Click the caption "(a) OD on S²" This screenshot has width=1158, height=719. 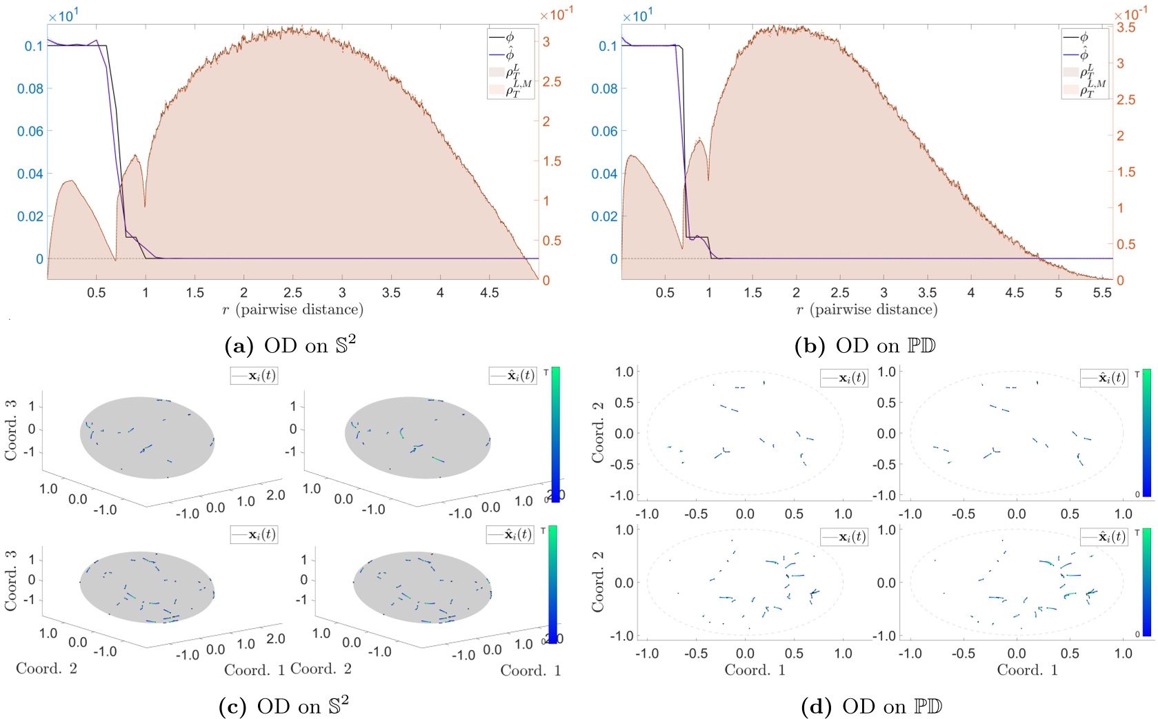pos(290,345)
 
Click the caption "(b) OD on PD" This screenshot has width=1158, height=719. pos(865,345)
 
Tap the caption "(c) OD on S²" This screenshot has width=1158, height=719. pos(283,706)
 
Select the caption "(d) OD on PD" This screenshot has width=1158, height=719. pos(872,706)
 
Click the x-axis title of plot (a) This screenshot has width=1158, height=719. pos(292,310)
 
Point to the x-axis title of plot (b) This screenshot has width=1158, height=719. pos(866,310)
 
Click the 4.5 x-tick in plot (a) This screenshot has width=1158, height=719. pos(489,293)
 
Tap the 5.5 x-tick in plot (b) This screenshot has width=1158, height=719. pos(1102,293)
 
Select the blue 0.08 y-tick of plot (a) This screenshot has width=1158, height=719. pos(30,89)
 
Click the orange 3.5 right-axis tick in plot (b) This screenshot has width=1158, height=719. pos(1126,28)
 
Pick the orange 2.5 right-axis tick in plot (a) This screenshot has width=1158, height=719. pos(552,81)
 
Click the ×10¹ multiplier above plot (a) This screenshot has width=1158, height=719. pos(61,16)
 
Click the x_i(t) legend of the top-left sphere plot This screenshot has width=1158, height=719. pos(254,376)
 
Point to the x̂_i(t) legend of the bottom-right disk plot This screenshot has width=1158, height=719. pos(1104,536)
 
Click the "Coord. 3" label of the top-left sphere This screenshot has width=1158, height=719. pos(10,429)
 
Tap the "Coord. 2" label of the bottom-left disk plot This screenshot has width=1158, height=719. pos(597,583)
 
